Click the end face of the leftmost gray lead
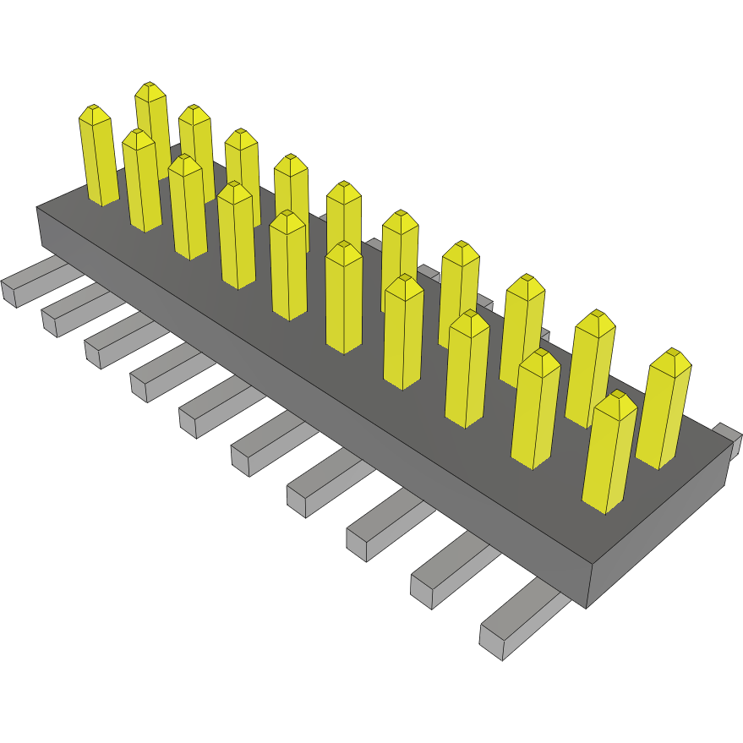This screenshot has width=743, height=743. pyautogui.click(x=9, y=292)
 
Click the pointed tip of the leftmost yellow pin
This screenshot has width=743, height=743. pyautogui.click(x=95, y=111)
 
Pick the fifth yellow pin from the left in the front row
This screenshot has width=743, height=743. pyautogui.click(x=288, y=265)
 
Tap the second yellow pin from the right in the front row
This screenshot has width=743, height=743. pyautogui.click(x=535, y=409)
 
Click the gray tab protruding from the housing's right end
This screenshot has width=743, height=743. pyautogui.click(x=728, y=437)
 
